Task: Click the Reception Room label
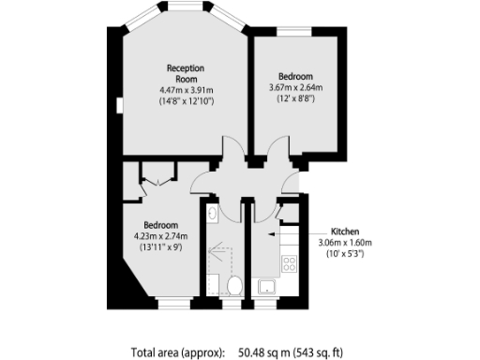tap(186, 73)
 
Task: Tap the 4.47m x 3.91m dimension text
tap(186, 90)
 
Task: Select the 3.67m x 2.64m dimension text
tap(295, 88)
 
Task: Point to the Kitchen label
tap(341, 229)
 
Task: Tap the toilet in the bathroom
tap(234, 284)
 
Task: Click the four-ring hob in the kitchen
tap(290, 265)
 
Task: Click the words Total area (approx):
tap(178, 352)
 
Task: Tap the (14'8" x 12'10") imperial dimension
tap(186, 101)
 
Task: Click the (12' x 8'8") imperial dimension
tap(294, 100)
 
